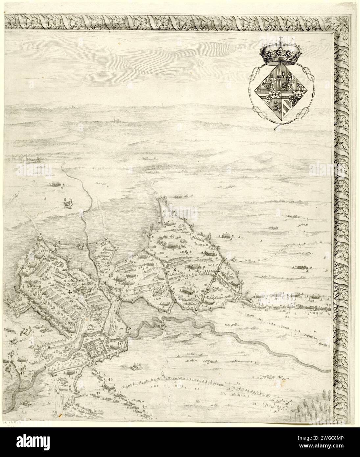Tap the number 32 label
78,239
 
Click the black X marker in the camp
175,270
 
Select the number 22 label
42,251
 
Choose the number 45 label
52,371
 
